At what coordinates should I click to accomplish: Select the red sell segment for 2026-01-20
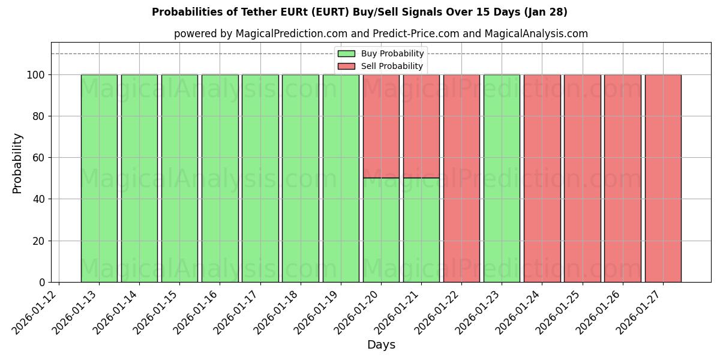point(381,126)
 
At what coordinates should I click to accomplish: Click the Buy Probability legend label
point(392,54)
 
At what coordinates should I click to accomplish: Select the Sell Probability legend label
point(392,67)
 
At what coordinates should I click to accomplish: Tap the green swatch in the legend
point(346,54)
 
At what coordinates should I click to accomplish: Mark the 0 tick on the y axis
point(41,282)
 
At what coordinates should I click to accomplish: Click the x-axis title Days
point(381,345)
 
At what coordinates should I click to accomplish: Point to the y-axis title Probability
point(17,163)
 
